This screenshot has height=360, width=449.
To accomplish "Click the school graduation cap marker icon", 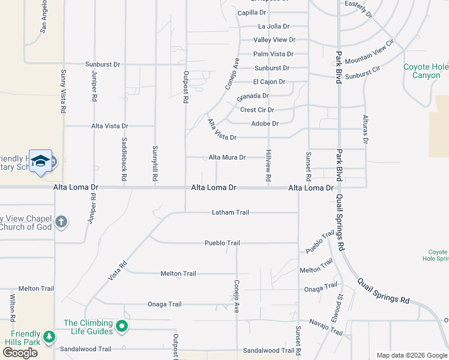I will [x=40, y=161].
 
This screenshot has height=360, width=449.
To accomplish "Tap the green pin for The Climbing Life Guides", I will [x=122, y=327].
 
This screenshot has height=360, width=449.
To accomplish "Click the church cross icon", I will [x=61, y=222].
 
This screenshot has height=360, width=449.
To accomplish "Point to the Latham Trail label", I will [x=230, y=212].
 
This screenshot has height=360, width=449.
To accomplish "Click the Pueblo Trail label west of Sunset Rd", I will [x=222, y=243].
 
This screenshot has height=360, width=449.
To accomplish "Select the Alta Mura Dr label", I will [x=227, y=157].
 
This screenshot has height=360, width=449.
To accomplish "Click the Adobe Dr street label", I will [x=267, y=124].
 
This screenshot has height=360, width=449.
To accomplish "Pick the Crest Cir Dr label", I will [x=257, y=110].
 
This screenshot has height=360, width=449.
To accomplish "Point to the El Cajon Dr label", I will [x=269, y=82].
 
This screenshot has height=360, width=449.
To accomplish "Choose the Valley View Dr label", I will [x=274, y=40].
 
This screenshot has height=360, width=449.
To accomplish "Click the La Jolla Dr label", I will [x=274, y=26].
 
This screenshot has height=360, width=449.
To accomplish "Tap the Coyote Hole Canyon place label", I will [x=426, y=71].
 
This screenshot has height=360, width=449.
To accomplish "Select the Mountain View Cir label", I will [x=370, y=53].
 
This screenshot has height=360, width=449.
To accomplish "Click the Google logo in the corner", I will [x=20, y=353].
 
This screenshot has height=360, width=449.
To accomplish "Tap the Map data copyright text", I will [x=412, y=355].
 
